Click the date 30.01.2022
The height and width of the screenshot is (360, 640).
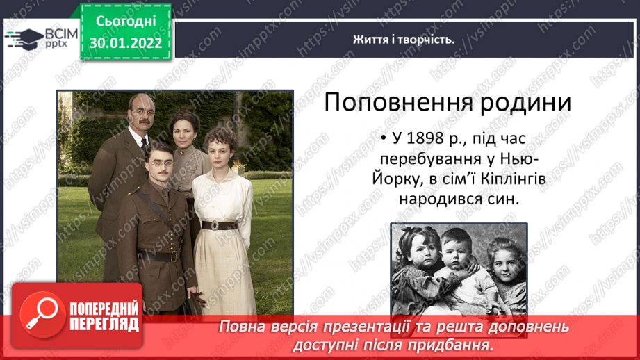click(126, 43)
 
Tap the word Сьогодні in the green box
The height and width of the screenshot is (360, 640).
click(126, 22)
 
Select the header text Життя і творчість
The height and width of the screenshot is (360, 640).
click(404, 40)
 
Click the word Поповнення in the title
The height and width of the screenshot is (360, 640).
click(399, 102)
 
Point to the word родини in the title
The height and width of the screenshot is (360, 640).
click(525, 103)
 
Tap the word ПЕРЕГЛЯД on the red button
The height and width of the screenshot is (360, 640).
click(104, 325)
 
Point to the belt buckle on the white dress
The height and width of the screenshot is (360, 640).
click(214, 226)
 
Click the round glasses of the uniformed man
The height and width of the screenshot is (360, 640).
click(161, 164)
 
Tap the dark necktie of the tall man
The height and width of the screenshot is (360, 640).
click(145, 145)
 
